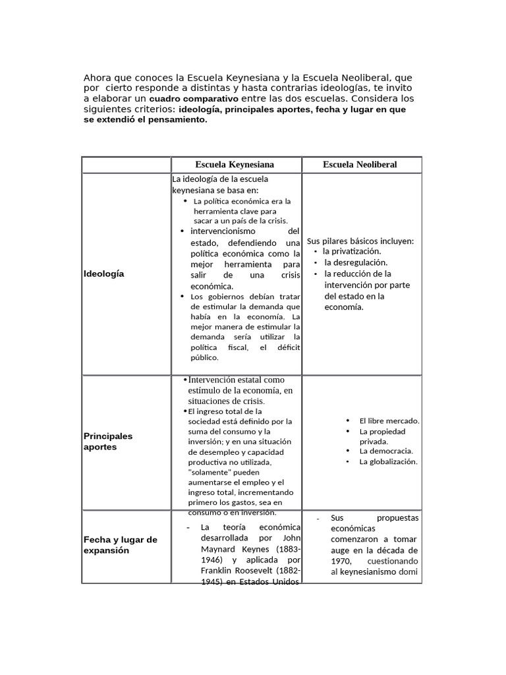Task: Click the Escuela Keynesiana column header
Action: coord(235,164)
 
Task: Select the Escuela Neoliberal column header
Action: coord(360,164)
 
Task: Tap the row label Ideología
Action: coord(104,274)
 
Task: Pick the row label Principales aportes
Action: coord(108,441)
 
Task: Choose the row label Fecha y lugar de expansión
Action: coord(121,544)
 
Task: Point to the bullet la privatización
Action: coord(352,251)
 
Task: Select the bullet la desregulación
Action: coord(352,262)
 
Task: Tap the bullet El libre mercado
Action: coord(389,421)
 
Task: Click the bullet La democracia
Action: coord(386,451)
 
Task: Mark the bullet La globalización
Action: coord(388,462)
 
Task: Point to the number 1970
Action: coord(342,560)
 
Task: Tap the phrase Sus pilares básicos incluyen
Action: coord(360,241)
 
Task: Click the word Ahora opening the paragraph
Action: coord(97,77)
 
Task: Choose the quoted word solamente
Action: coord(212,473)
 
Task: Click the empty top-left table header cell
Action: coord(126,164)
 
